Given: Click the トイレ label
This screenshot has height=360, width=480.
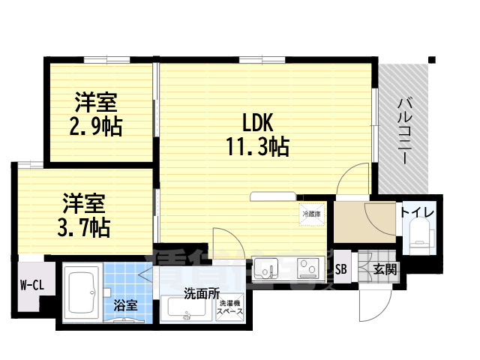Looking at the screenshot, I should tap(415, 211).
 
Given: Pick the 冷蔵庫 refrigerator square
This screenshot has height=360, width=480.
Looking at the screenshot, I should tap(310, 214).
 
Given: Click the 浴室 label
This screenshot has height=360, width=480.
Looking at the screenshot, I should tap(124, 305).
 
